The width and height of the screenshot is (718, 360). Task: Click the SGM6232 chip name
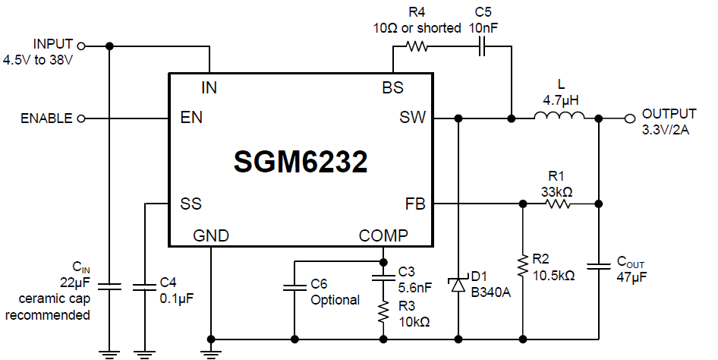click(x=301, y=162)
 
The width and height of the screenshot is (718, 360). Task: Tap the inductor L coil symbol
click(x=559, y=118)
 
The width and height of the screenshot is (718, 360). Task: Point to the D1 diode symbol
click(x=458, y=284)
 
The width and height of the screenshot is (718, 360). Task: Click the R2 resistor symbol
click(x=523, y=266)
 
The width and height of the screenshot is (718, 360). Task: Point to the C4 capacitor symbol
click(x=143, y=287)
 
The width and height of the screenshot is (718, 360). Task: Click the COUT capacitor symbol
click(x=599, y=267)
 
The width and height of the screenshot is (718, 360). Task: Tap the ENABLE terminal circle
click(x=81, y=118)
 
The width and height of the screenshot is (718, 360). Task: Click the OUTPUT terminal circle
click(x=628, y=118)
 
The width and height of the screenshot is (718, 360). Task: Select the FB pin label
click(x=416, y=204)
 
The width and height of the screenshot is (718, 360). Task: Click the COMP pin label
click(x=383, y=235)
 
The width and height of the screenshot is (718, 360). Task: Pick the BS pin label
click(x=392, y=87)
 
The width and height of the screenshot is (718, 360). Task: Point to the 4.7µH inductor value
click(x=560, y=99)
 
